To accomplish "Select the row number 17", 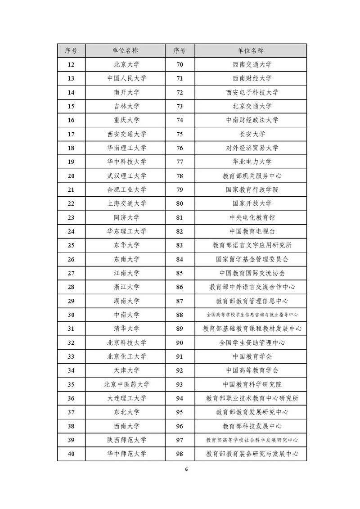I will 71,134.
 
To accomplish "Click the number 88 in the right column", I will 180,315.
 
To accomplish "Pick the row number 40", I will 71,454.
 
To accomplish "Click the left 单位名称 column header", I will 125,50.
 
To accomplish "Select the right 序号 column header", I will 180,50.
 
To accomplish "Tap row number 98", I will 180,454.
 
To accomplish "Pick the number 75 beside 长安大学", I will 180,134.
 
